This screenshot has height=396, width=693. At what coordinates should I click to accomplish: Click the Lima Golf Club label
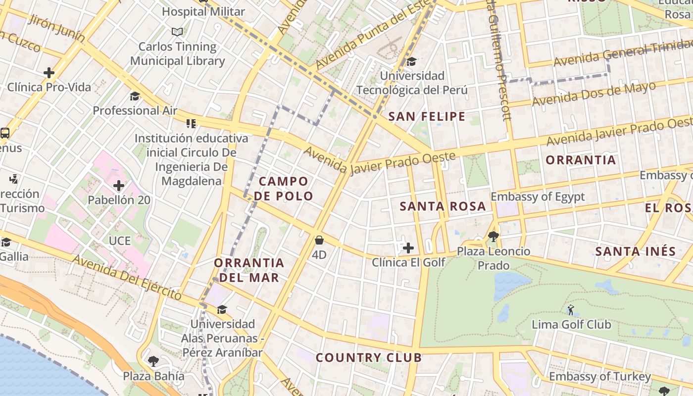click(x=571, y=325)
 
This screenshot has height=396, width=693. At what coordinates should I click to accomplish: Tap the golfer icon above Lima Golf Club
click(x=571, y=310)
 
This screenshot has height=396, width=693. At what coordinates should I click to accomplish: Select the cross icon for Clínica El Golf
click(x=408, y=247)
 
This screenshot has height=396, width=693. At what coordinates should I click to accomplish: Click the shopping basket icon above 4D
click(x=319, y=241)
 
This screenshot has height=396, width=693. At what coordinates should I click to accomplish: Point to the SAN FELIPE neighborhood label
click(x=427, y=117)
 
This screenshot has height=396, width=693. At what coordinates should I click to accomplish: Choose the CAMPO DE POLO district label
click(x=284, y=189)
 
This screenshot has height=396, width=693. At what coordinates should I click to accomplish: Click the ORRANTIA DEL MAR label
click(x=249, y=270)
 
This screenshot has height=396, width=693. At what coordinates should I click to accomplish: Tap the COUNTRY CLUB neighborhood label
click(x=369, y=357)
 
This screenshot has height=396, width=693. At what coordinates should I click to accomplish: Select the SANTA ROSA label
click(x=443, y=206)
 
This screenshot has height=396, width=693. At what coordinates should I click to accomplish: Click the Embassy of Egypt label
click(x=538, y=197)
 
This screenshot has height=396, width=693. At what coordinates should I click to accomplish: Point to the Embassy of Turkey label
click(x=600, y=377)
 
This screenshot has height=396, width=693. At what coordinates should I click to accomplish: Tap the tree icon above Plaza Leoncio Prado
click(x=493, y=236)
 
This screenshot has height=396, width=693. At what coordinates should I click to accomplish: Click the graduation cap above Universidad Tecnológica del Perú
click(x=411, y=62)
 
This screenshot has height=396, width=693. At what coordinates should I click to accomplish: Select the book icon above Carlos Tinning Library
click(x=177, y=32)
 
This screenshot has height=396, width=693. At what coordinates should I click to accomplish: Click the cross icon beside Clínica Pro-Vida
click(x=49, y=73)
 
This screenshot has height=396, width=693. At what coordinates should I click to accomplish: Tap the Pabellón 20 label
click(x=119, y=200)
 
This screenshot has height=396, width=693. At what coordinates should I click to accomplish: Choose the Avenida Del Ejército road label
click(x=127, y=277)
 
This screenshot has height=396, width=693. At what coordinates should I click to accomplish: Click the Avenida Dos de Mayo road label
click(x=594, y=94)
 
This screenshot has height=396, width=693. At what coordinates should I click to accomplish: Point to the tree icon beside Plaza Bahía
click(x=153, y=361)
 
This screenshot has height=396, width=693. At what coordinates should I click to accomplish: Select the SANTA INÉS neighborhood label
click(x=635, y=251)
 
